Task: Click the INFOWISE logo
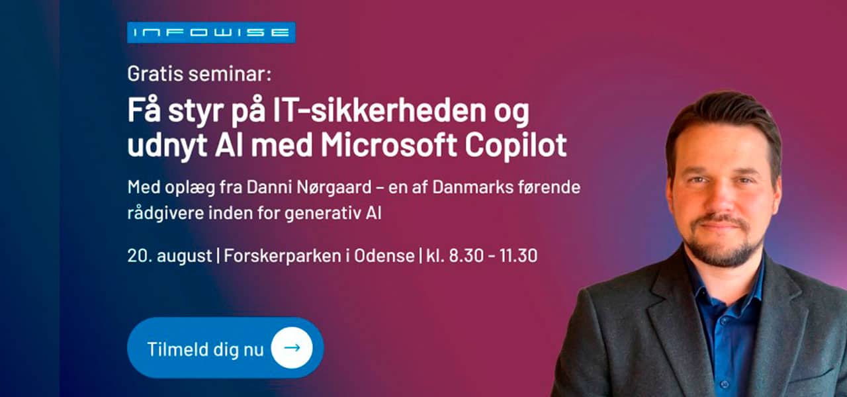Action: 211,32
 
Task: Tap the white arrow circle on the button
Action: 292,348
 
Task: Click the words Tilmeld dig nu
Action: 205,349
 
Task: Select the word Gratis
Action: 156,73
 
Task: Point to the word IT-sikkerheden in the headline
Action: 379,110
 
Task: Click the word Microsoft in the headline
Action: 388,144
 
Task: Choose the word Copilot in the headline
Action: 515,145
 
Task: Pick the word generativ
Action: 322,214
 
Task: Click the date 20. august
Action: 169,256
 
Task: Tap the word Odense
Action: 384,256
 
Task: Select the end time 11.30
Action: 518,256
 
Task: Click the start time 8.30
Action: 467,256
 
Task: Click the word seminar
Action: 230,73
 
